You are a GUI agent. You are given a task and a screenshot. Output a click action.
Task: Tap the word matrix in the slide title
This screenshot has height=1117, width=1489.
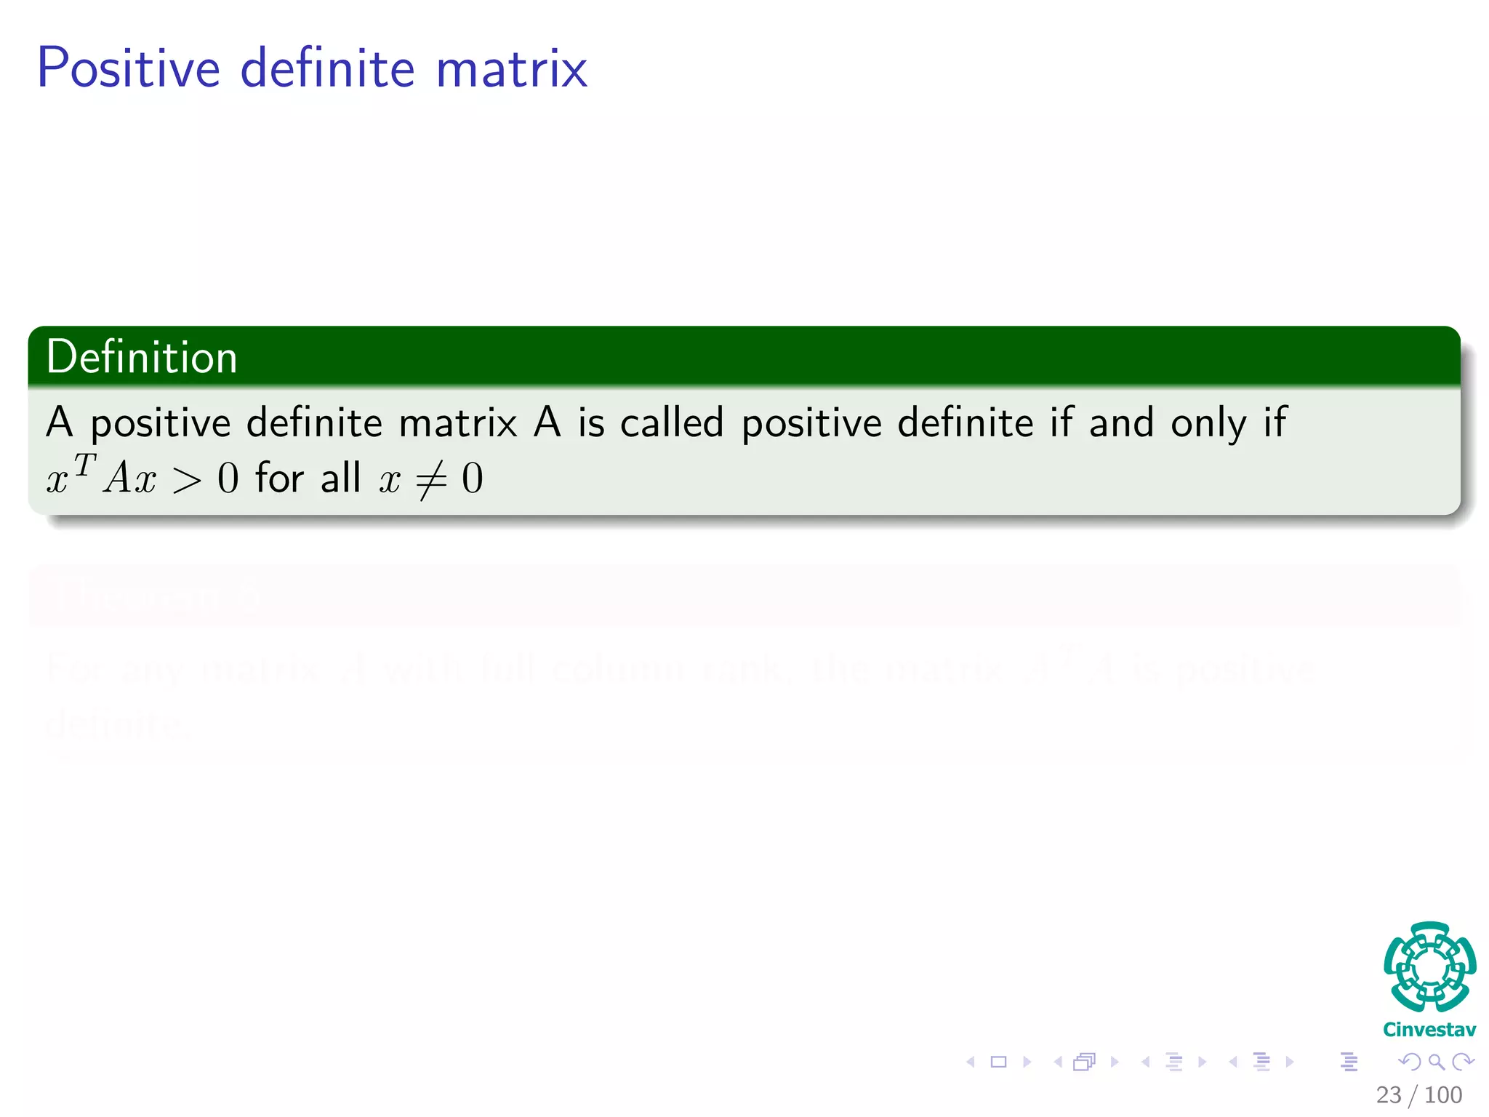coord(511,68)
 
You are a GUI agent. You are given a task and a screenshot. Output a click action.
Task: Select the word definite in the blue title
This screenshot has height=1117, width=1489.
coord(327,68)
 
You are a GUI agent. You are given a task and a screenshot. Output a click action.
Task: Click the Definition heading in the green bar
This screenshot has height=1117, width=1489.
coord(142,357)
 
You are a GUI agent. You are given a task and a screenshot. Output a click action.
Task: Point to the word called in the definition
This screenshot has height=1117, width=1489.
coord(672,423)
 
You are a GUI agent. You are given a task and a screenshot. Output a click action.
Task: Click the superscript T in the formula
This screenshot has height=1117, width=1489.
coord(84,465)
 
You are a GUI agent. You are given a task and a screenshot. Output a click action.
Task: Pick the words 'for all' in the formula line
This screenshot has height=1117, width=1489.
coord(308,479)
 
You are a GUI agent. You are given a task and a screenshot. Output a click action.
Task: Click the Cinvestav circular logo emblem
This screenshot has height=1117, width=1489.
coord(1429,967)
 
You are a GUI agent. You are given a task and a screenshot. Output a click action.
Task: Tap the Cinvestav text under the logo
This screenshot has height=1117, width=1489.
coord(1429,1030)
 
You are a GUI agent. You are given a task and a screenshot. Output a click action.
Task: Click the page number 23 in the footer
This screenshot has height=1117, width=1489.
coord(1388,1094)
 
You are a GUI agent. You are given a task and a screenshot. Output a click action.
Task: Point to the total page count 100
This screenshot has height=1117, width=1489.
coord(1442,1094)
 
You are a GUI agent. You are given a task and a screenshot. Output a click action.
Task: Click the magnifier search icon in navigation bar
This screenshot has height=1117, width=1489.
coord(1436,1062)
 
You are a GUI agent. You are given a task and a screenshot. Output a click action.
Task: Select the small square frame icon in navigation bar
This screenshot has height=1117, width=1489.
coord(999,1062)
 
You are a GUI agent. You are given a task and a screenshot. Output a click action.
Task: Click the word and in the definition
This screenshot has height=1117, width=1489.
coord(1120,423)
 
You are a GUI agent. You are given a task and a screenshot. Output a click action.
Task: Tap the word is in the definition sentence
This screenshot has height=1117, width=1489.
coord(590,423)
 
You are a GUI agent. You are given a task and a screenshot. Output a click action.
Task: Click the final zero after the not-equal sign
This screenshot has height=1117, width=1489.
coord(473,479)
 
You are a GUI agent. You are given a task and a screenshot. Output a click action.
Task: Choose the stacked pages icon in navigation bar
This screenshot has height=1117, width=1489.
coord(1084,1062)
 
